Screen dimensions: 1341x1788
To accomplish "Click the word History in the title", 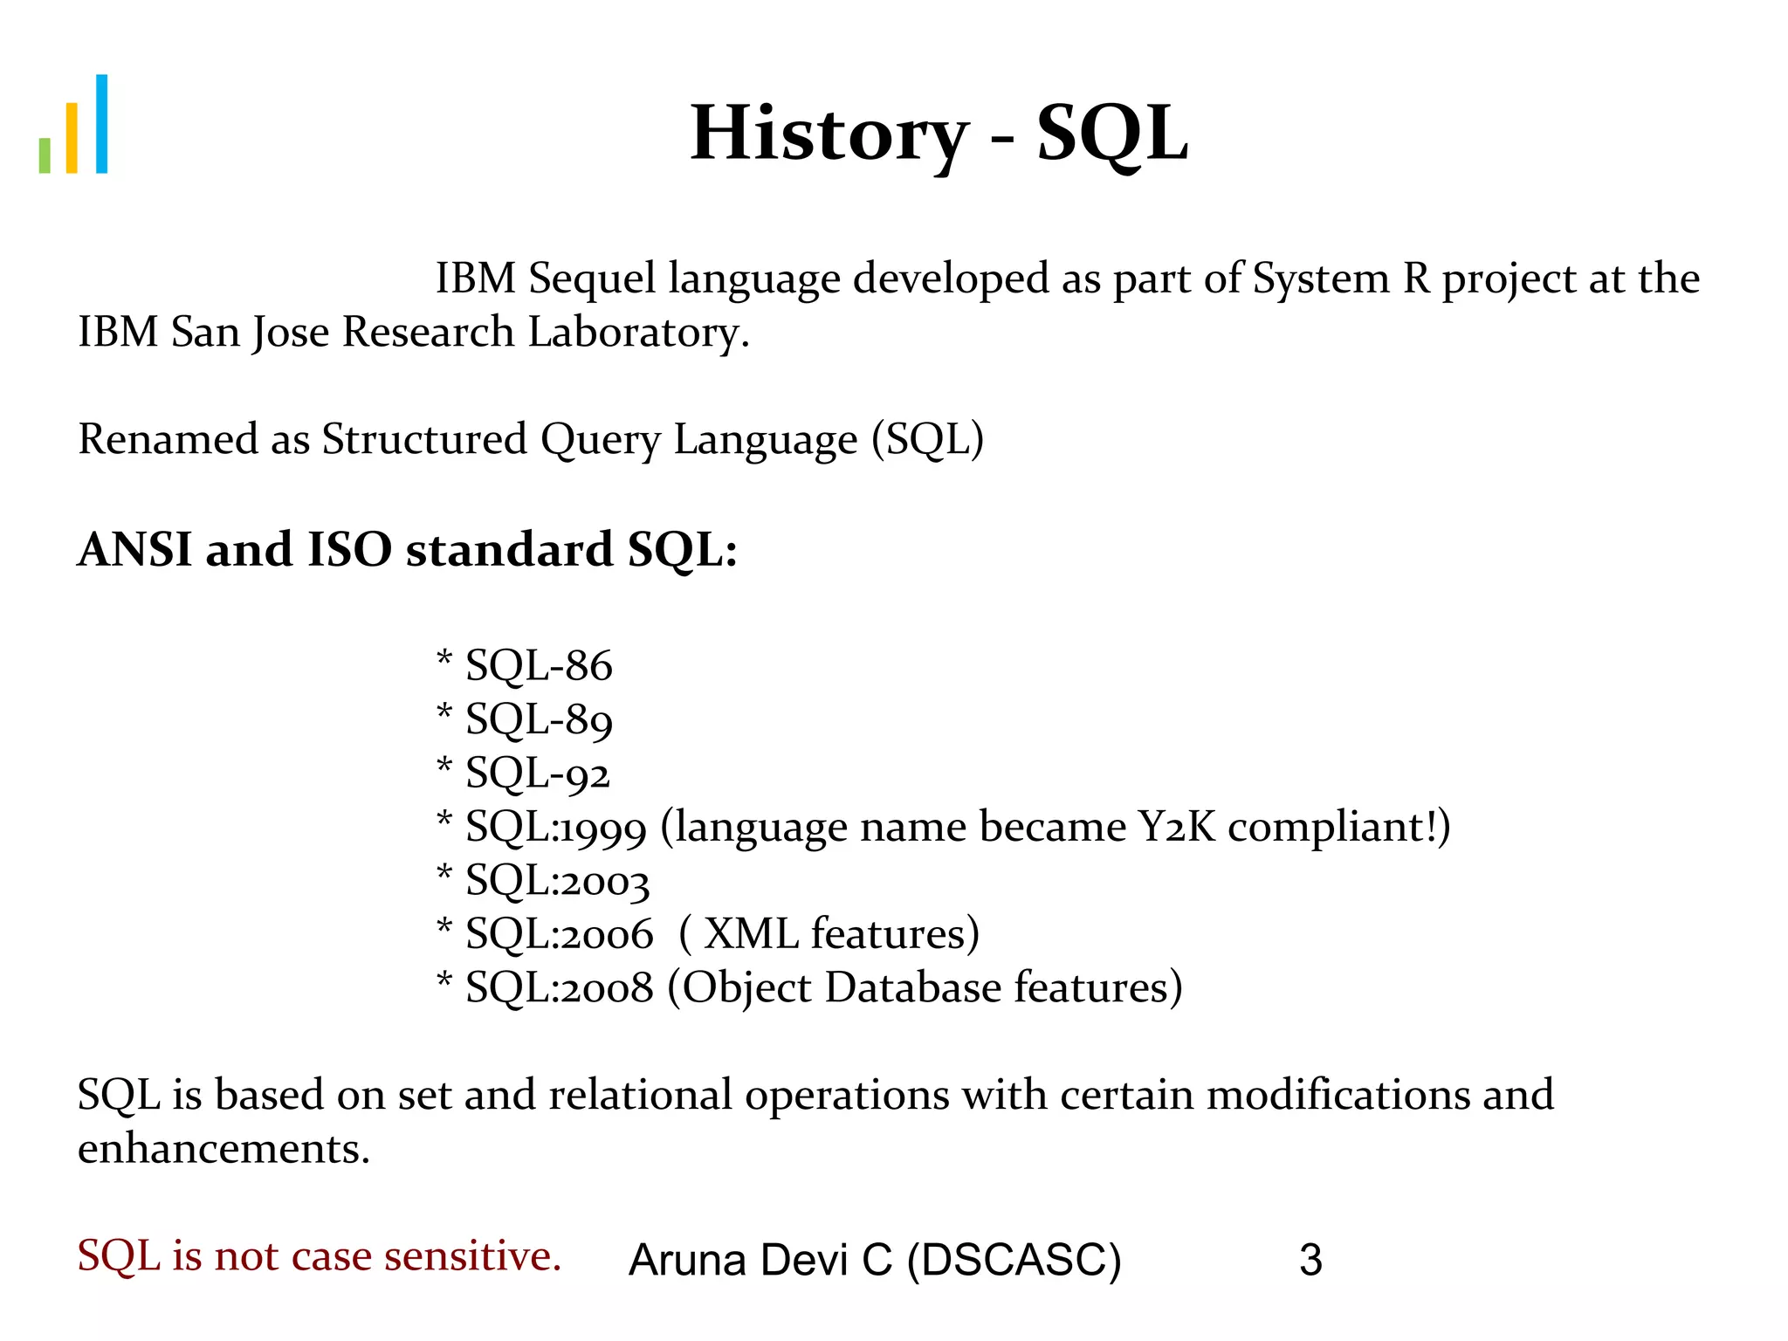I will pyautogui.click(x=829, y=134).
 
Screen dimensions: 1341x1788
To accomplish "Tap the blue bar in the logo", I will pyautogui.click(x=101, y=124).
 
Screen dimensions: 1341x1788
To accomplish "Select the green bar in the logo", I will pyautogui.click(x=45, y=155).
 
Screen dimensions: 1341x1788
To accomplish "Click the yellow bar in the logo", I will pyautogui.click(x=72, y=138).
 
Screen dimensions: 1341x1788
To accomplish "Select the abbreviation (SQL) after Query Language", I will pyautogui.click(x=927, y=439).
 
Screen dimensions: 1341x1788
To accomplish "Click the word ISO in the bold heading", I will pyautogui.click(x=349, y=550).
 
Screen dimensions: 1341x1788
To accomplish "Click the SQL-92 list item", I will pyautogui.click(x=536, y=774).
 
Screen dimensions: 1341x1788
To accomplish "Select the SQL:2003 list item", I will pyautogui.click(x=556, y=881).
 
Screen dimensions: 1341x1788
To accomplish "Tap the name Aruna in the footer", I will pyautogui.click(x=688, y=1260).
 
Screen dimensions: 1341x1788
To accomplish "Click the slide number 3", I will pyautogui.click(x=1310, y=1260).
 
